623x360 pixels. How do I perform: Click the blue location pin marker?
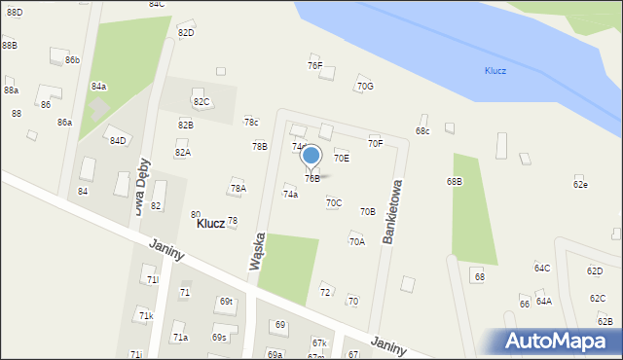pyautogui.click(x=311, y=156)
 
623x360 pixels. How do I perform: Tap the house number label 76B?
pyautogui.click(x=312, y=178)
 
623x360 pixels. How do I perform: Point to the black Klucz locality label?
pyautogui.click(x=210, y=223)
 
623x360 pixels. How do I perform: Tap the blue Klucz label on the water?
pyautogui.click(x=495, y=71)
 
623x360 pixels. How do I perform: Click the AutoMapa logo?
pyautogui.click(x=559, y=341)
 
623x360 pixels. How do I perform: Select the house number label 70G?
pyautogui.click(x=365, y=86)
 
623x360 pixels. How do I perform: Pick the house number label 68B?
pyautogui.click(x=455, y=181)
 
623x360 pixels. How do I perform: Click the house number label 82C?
pyautogui.click(x=202, y=101)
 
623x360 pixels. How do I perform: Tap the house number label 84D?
pyautogui.click(x=118, y=140)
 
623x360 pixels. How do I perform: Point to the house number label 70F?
pyautogui.click(x=375, y=143)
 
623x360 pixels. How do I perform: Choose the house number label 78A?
pyautogui.click(x=238, y=188)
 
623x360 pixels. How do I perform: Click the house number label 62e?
pyautogui.click(x=580, y=184)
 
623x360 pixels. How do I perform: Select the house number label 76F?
pyautogui.click(x=314, y=65)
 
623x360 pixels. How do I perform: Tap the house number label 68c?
pyautogui.click(x=422, y=130)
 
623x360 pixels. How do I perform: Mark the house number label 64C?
pyautogui.click(x=542, y=268)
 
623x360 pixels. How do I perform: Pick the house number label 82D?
pyautogui.click(x=186, y=32)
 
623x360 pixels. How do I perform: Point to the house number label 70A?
pyautogui.click(x=357, y=241)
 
